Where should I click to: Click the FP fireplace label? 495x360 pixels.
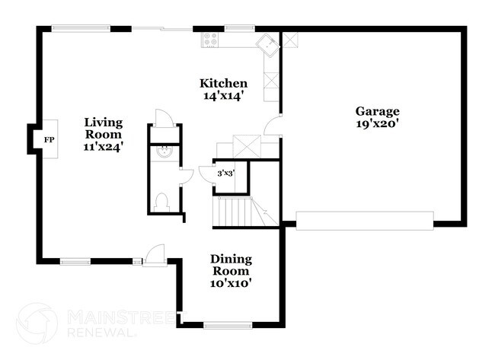[x=49, y=140]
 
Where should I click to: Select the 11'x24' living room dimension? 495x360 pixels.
[x=104, y=147]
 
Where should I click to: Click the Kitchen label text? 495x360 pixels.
[x=223, y=83]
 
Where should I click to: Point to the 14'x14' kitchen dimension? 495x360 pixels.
[x=223, y=96]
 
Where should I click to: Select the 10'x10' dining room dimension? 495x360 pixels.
[x=231, y=282]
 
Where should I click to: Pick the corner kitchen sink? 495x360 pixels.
[x=267, y=43]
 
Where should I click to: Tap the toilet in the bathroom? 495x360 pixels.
[x=161, y=202]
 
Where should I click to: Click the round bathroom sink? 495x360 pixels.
[x=161, y=151]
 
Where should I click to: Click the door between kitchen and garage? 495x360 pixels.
[x=272, y=126]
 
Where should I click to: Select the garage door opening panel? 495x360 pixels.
[x=365, y=220]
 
